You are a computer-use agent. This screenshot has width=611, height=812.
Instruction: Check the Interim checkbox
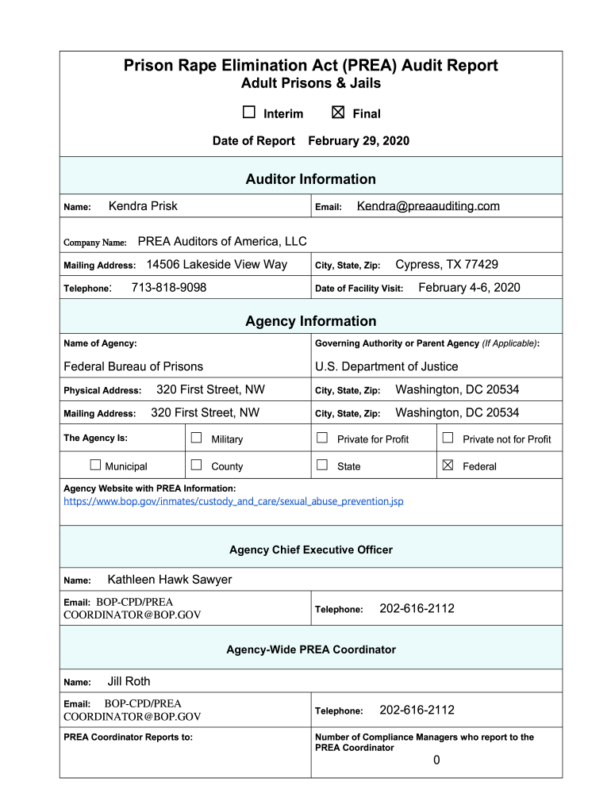[x=249, y=113]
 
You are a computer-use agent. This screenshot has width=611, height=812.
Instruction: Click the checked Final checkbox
[x=338, y=113]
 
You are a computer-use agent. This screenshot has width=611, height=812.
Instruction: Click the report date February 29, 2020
[x=359, y=141]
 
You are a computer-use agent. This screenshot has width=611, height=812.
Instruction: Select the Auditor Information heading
[x=310, y=179]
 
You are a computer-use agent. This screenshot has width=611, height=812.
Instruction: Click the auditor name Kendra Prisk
[x=143, y=206]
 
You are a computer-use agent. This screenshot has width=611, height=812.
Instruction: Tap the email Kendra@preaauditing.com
[x=428, y=206]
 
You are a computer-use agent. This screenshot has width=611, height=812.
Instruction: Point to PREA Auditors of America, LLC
[x=222, y=241]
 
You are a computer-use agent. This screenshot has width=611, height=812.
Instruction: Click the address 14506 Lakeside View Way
[x=217, y=264]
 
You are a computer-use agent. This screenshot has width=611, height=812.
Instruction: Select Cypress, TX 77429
[x=447, y=264]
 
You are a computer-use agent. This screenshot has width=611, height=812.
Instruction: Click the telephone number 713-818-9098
[x=168, y=287]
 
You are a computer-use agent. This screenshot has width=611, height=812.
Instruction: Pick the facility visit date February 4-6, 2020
[x=469, y=287]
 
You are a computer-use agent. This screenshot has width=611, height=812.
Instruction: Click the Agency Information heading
[x=310, y=321]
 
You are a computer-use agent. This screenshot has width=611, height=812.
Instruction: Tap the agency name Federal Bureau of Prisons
[x=133, y=366]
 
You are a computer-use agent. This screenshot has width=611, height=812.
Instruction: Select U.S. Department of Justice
[x=386, y=366]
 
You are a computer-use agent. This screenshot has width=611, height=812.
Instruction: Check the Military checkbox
[x=197, y=438]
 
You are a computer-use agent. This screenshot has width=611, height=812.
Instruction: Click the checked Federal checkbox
[x=448, y=465]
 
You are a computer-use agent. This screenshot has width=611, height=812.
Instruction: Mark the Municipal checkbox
[x=95, y=465]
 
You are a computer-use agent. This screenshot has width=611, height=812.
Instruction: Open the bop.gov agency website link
[x=233, y=501]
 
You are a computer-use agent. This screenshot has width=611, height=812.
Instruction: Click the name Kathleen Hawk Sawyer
[x=170, y=580]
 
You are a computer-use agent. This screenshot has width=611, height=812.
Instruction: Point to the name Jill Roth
[x=129, y=681]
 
